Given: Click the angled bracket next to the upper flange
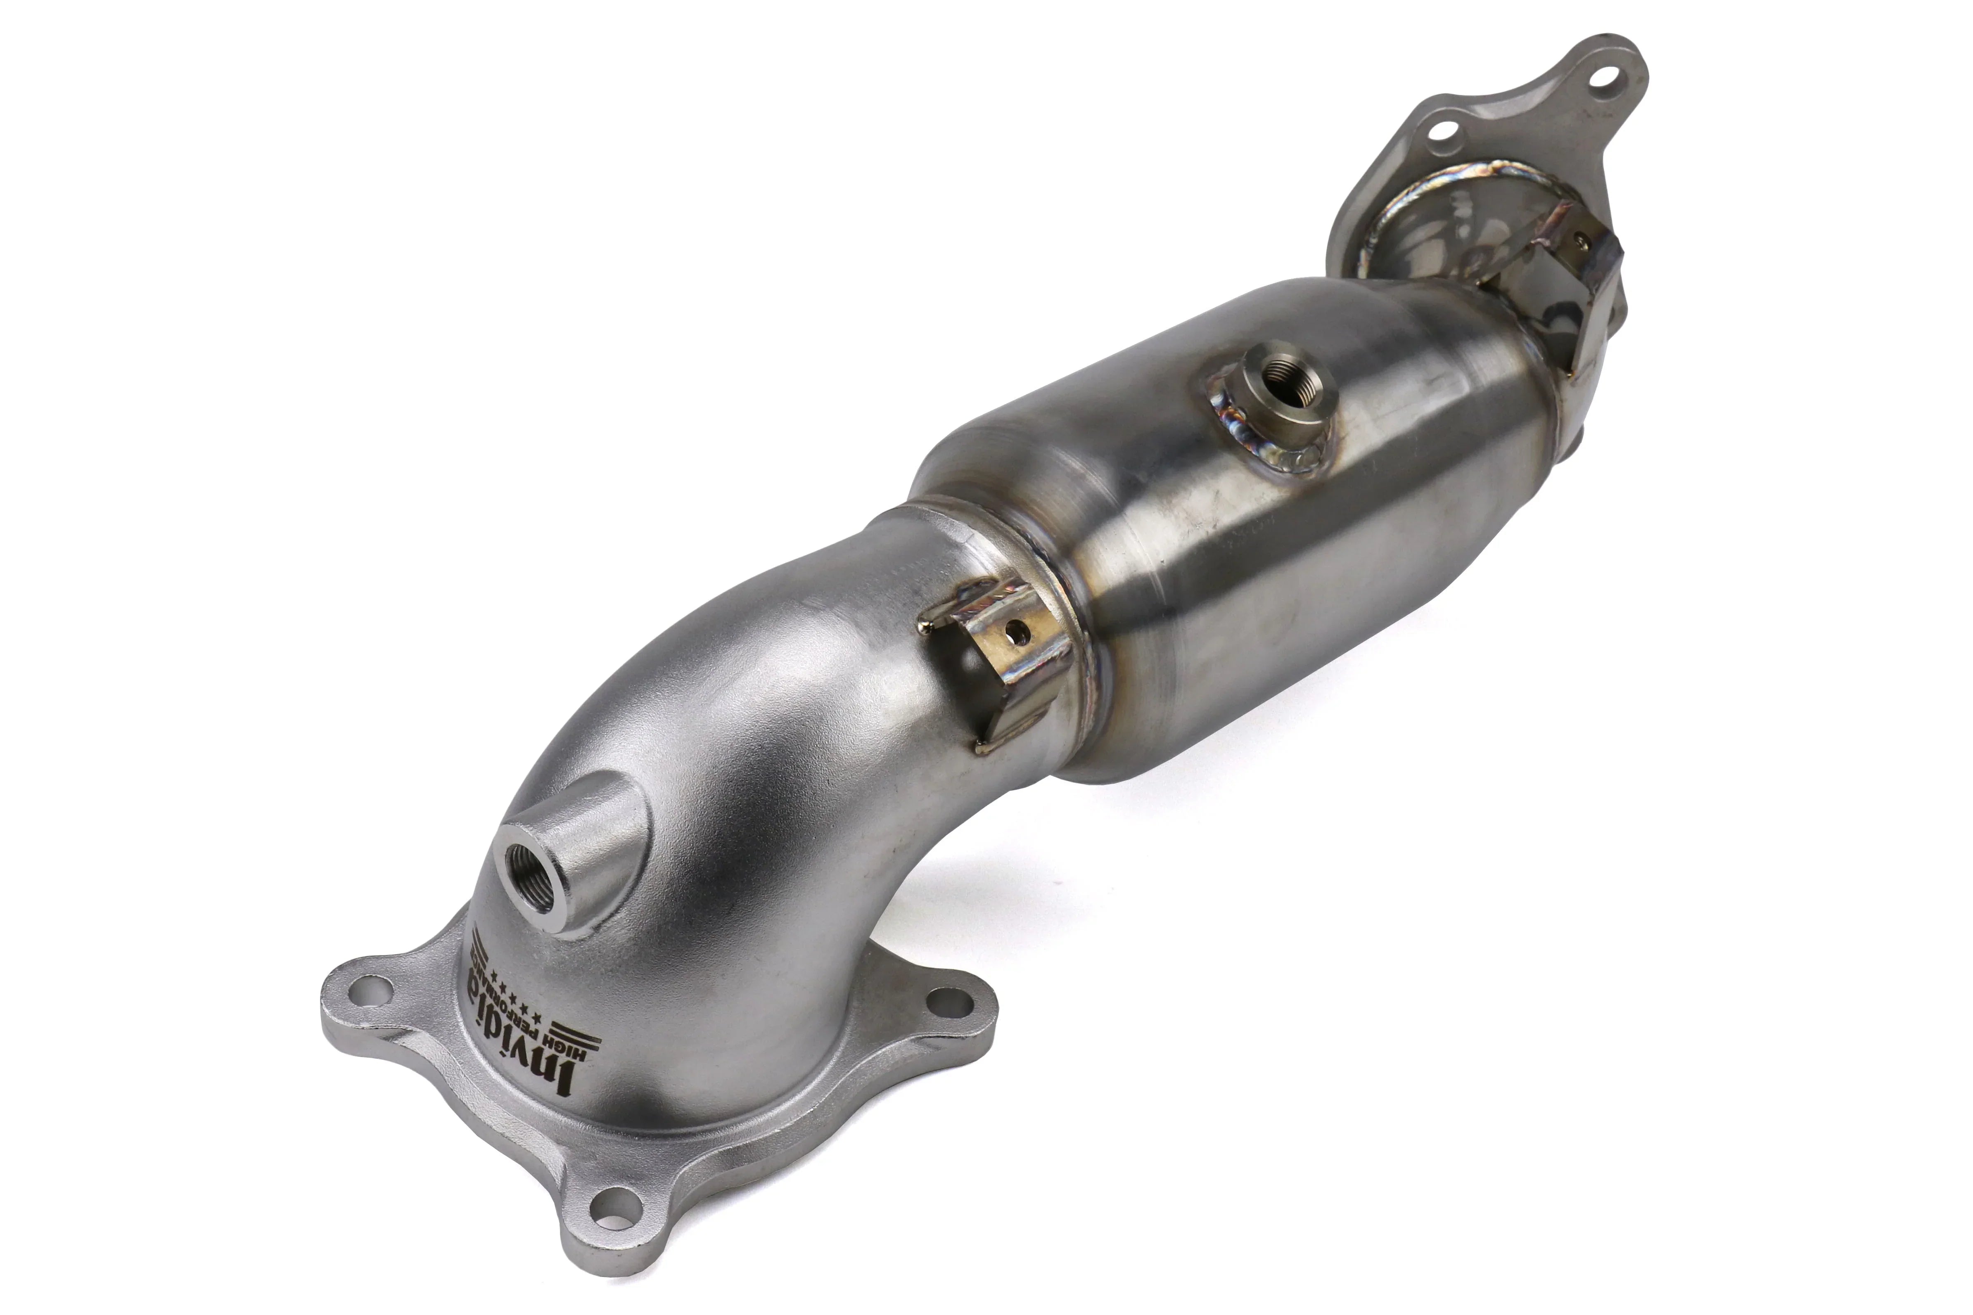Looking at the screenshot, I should point(1585,285).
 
